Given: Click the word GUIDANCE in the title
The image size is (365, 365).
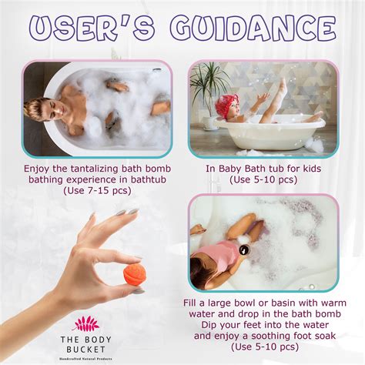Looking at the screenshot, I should [x=255, y=30].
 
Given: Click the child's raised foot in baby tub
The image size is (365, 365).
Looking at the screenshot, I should [x=281, y=87].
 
